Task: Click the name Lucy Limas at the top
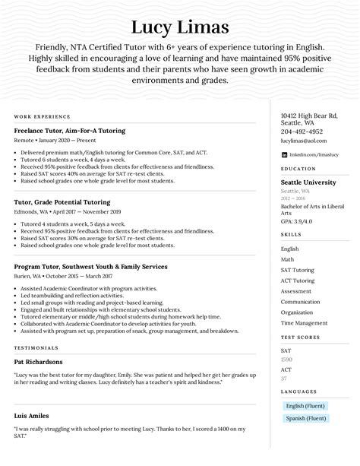coord(180,28)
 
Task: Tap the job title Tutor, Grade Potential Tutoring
coord(62,202)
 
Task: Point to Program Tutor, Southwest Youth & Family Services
coord(90,267)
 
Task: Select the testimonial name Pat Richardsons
coord(38,362)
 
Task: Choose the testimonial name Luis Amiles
coord(32,416)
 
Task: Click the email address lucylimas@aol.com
coord(304,141)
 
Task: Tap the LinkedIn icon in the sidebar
coord(284,154)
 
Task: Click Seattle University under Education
coord(308,182)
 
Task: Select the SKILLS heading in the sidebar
coord(291,236)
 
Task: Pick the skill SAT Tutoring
coord(297,270)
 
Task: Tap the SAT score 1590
coord(286,359)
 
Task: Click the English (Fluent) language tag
coord(305,406)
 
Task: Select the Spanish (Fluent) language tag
coord(305,418)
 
